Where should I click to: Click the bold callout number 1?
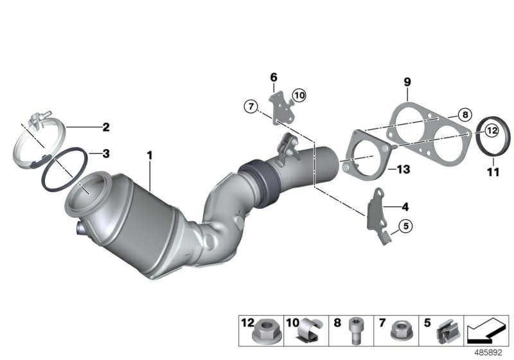tap(150, 156)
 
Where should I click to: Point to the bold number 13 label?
tap(403, 170)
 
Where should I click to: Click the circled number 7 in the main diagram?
tap(251, 106)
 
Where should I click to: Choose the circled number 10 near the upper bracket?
tap(299, 95)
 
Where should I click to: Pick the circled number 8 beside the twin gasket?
tap(465, 115)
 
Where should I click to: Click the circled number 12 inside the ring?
tap(492, 130)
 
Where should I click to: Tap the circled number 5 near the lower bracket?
tap(405, 226)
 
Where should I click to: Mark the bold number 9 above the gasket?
tap(407, 82)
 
